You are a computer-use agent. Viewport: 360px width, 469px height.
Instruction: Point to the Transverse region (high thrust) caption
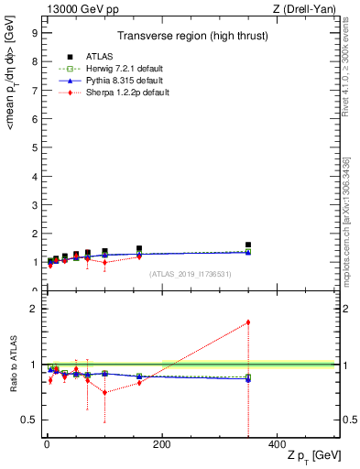[x=191, y=36]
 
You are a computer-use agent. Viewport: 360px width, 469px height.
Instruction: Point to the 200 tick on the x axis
[x=161, y=444]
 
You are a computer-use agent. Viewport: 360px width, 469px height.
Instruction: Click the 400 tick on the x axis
[x=277, y=444]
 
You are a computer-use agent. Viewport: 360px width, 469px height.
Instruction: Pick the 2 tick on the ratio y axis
[x=33, y=309]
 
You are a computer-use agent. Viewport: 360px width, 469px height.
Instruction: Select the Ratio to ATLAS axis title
[x=13, y=366]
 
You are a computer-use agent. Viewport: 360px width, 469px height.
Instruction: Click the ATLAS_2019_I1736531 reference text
[x=191, y=274]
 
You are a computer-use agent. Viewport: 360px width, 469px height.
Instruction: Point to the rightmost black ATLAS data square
[x=248, y=245]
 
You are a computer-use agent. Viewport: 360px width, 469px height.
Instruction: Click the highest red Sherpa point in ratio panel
[x=248, y=322]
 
